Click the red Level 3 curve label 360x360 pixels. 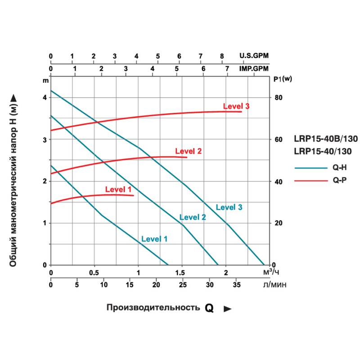tap(236, 106)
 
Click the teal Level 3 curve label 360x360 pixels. tap(229, 207)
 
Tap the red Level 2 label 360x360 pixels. tap(188, 151)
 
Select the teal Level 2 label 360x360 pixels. tap(193, 217)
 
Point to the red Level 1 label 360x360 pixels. tap(118, 189)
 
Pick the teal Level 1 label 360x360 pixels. tap(154, 239)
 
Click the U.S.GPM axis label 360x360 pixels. tap(254, 56)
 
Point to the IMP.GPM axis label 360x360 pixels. tap(254, 69)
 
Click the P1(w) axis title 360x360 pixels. tap(283, 79)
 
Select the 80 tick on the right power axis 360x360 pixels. tap(278, 98)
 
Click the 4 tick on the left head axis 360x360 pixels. tap(44, 98)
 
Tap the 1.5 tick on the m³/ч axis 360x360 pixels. tap(182, 273)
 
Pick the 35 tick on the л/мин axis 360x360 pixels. tap(236, 284)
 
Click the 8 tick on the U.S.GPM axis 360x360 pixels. tap(222, 56)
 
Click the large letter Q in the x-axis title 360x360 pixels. tap(209, 308)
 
